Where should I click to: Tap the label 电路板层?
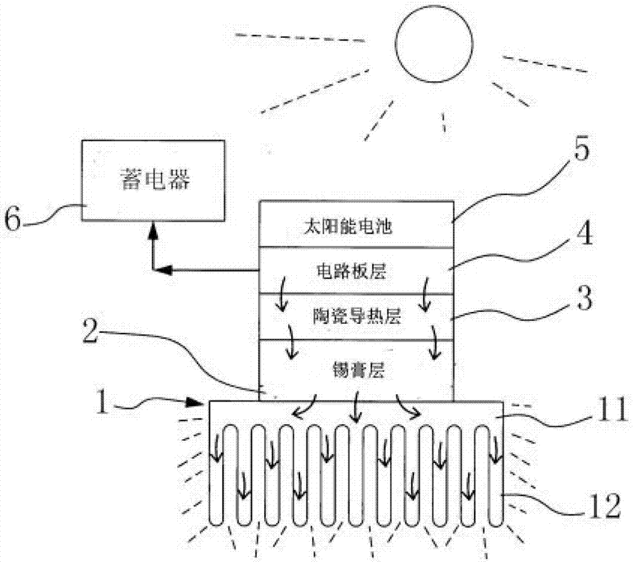coord(356,272)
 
